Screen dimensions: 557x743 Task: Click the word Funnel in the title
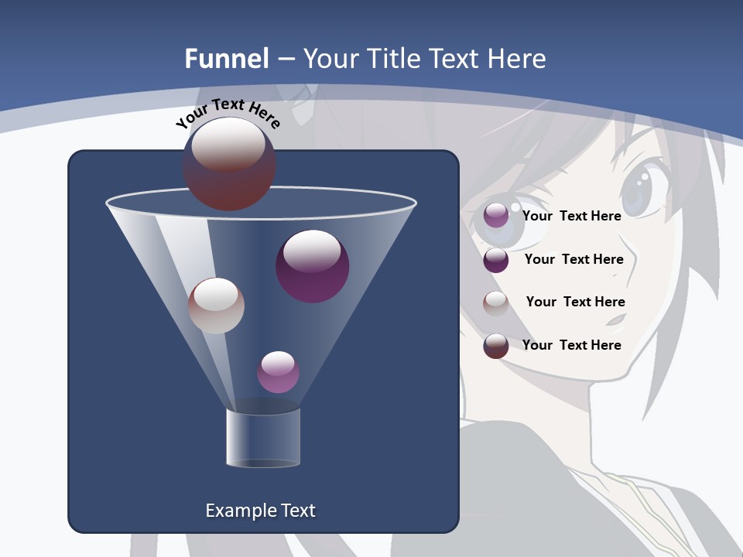[227, 59]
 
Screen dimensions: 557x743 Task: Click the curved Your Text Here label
[228, 112]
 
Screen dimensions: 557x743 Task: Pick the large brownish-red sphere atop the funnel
[229, 163]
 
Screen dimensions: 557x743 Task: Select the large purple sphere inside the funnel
[313, 266]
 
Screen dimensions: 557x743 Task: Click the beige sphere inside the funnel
[216, 306]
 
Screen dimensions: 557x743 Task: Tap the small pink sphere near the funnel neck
[278, 372]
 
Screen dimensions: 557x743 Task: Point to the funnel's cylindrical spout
[263, 438]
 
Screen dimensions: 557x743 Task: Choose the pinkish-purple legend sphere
[496, 216]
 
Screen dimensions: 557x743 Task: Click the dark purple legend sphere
[496, 260]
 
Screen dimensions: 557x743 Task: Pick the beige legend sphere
[496, 302]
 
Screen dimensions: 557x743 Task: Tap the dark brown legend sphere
[496, 346]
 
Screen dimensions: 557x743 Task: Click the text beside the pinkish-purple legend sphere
[571, 216]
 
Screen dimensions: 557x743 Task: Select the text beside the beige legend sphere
[575, 302]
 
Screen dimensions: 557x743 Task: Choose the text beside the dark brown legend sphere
[571, 345]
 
